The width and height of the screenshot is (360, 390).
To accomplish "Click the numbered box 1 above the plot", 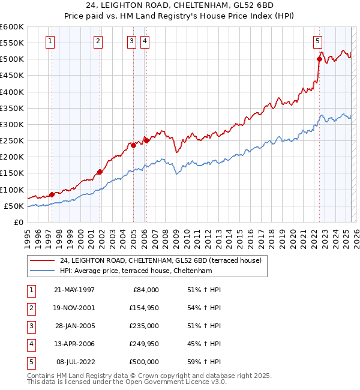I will point(49,41).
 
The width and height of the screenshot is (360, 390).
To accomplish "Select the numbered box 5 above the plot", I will point(317,41).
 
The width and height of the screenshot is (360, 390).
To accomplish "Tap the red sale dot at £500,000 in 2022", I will point(319,59).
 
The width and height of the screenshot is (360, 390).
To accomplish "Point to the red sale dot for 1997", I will point(52,194).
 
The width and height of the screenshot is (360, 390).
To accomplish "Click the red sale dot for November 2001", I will point(100,172).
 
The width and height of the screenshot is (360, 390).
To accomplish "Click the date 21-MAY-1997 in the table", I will point(74,290).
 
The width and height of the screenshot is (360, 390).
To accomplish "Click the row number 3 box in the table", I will point(31,326).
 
